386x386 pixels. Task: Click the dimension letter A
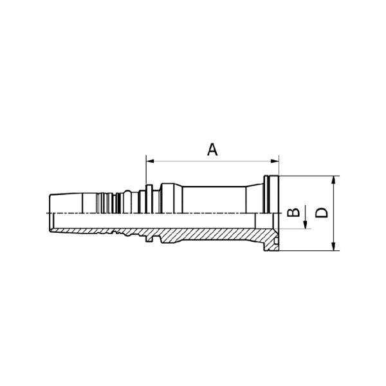point(212,150)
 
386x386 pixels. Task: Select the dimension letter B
point(293,212)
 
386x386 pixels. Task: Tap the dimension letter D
point(322,213)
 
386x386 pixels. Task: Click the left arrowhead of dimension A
point(150,161)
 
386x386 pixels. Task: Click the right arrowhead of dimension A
point(275,161)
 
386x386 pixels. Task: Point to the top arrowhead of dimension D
point(333,180)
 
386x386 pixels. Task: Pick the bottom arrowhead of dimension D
point(333,246)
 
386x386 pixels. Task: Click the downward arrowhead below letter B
point(305,225)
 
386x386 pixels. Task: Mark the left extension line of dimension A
point(146,170)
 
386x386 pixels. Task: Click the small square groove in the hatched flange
point(277,239)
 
